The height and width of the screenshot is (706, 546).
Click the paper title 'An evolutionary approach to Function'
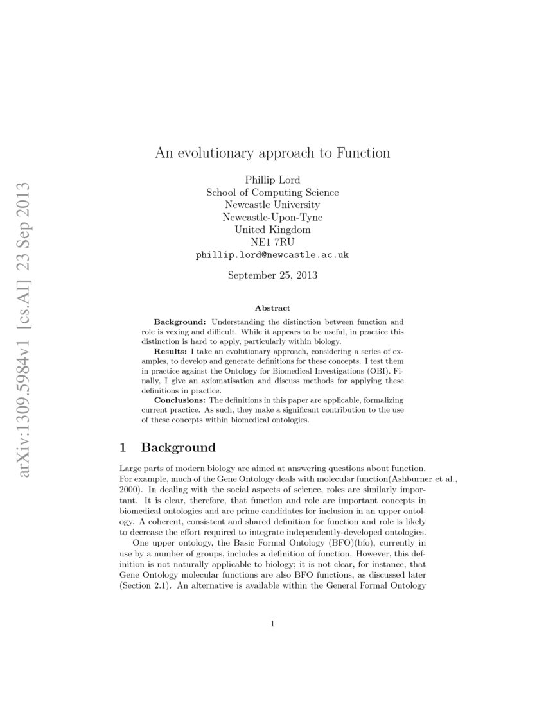pos(272,153)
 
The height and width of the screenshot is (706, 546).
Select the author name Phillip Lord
pos(272,180)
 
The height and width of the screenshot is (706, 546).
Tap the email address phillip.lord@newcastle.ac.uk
pos(272,255)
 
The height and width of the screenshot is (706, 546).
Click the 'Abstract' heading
pos(272,308)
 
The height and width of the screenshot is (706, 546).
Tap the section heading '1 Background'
pos(168,447)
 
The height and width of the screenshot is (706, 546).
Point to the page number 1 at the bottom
pos(273,623)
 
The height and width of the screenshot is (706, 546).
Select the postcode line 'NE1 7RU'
pos(272,242)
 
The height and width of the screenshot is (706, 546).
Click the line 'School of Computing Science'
pos(272,193)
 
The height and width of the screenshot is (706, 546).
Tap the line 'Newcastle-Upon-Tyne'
pos(272,217)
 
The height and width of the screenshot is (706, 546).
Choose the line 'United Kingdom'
pos(272,230)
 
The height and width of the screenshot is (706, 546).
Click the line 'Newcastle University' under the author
pos(272,205)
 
